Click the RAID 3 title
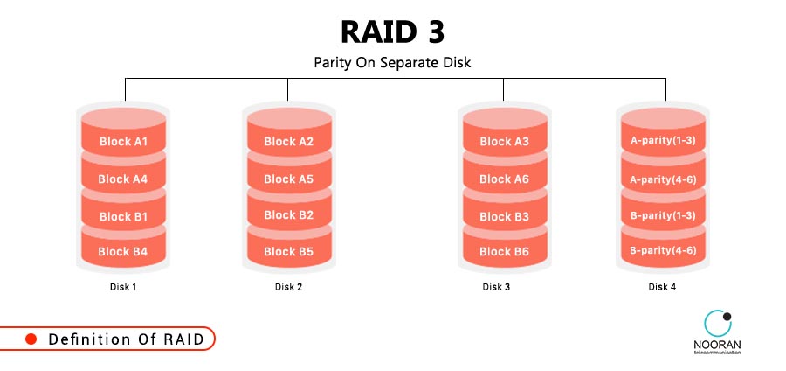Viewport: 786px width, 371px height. (x=392, y=31)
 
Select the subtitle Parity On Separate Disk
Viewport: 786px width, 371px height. (x=392, y=63)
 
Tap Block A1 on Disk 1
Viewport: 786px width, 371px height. (x=122, y=142)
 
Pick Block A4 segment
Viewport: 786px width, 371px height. (x=122, y=178)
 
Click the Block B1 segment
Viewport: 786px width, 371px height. (x=122, y=216)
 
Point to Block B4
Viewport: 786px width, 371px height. (x=122, y=251)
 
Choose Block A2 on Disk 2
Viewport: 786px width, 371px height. (x=288, y=142)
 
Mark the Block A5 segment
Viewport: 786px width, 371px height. (x=288, y=178)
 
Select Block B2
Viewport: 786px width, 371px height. (x=288, y=215)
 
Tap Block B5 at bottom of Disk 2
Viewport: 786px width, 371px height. (x=288, y=251)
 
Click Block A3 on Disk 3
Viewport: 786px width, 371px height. (x=504, y=142)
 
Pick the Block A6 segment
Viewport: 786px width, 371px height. (x=504, y=178)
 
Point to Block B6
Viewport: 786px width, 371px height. (x=504, y=251)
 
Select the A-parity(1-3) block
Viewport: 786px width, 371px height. (x=662, y=140)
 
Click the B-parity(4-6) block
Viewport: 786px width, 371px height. (x=662, y=250)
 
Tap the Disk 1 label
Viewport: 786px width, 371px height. (x=122, y=286)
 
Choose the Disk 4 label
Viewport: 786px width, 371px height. (x=662, y=286)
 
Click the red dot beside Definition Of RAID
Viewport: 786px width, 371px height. (x=31, y=339)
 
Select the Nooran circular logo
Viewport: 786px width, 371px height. (x=718, y=324)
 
